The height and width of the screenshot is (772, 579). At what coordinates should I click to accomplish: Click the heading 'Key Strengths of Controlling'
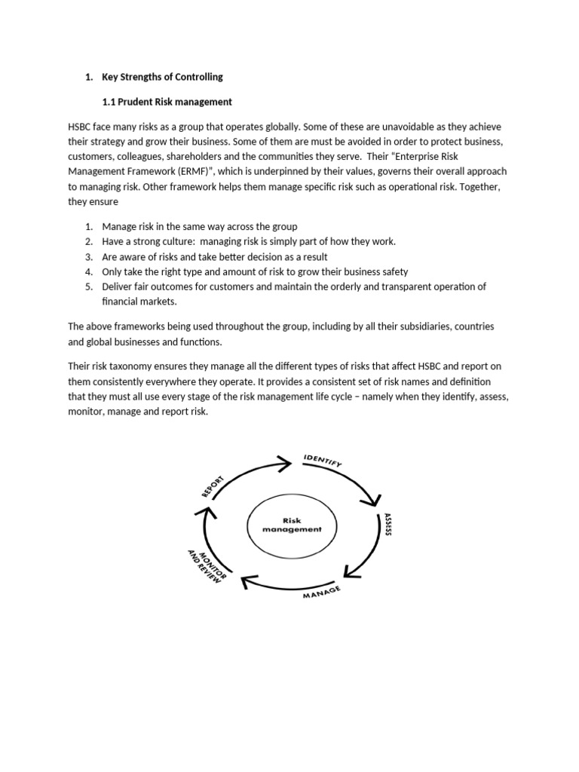coord(162,77)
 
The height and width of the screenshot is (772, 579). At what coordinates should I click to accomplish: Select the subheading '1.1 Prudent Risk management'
coord(167,102)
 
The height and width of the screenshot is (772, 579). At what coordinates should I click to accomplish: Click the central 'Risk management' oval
coord(292,525)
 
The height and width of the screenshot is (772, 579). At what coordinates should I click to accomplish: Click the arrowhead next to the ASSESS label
coord(372,500)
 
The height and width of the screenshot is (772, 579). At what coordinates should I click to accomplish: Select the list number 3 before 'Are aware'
coord(88,256)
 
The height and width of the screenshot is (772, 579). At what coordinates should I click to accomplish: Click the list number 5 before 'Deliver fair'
coord(88,286)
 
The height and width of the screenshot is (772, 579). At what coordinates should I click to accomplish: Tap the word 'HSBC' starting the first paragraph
coord(80,127)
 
